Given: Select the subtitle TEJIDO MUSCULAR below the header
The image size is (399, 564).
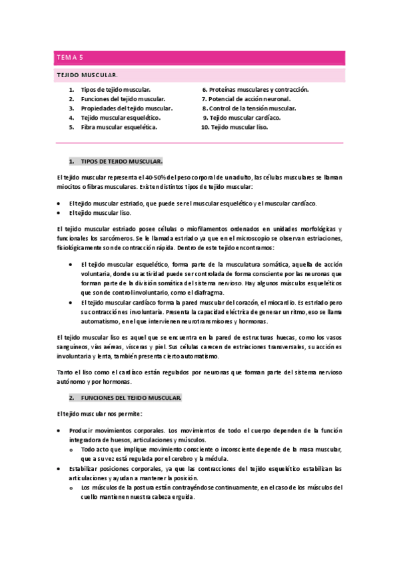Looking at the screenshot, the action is [x=87, y=76].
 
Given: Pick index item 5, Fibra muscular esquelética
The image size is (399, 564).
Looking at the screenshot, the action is [x=119, y=126].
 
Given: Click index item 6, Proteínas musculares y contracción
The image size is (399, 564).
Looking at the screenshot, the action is [x=255, y=89].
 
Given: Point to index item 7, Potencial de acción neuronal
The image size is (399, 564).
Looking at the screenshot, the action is [x=246, y=98].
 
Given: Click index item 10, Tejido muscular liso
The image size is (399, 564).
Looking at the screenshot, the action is [x=238, y=126].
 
